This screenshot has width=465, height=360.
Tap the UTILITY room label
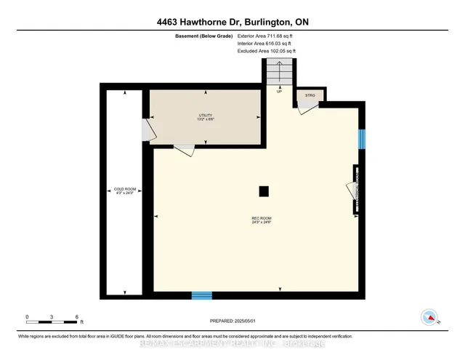206,117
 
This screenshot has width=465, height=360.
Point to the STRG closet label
310,95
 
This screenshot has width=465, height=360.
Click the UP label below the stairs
279,92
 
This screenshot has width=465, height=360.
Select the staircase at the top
279,73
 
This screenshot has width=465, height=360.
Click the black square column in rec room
264,191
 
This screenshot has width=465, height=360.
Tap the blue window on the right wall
363,140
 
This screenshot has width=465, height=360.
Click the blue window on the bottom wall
202,295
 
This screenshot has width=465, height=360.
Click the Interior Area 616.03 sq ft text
266,44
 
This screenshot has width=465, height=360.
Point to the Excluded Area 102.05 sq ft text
267,52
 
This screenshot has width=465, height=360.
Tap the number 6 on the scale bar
76,316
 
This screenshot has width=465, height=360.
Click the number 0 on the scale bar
27,316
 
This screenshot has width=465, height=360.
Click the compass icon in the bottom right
430,317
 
